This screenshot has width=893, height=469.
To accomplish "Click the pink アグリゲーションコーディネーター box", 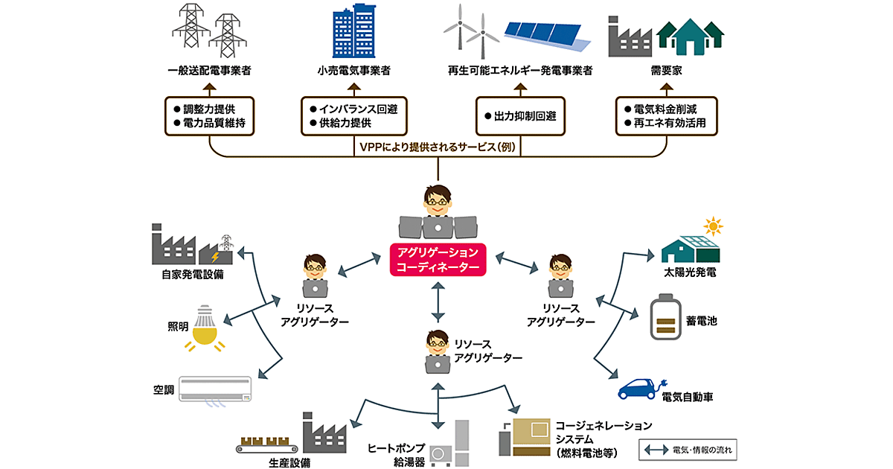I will pyautogui.click(x=438, y=259).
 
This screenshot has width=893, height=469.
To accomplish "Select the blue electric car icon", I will pyautogui.click(x=638, y=389).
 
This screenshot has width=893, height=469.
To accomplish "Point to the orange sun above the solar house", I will pyautogui.click(x=714, y=225).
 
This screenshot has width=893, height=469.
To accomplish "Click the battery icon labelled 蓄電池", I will pyautogui.click(x=666, y=319).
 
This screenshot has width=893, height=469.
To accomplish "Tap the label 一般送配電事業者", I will pyautogui.click(x=209, y=71).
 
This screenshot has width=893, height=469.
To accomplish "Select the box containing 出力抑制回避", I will pyautogui.click(x=519, y=116).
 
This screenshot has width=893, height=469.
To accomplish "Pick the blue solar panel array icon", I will pyautogui.click(x=549, y=33).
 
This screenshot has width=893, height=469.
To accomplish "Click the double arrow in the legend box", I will pyautogui.click(x=655, y=450).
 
